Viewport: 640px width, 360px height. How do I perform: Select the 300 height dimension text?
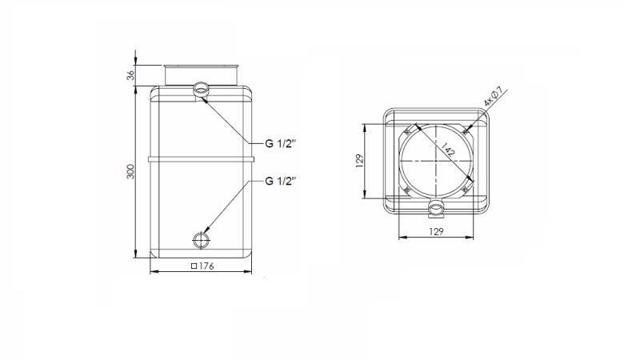(x=130, y=171)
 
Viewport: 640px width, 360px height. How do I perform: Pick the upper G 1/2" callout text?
(x=281, y=144)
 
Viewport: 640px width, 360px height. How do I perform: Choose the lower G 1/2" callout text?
(x=281, y=181)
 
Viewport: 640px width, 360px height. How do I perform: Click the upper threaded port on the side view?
(x=200, y=89)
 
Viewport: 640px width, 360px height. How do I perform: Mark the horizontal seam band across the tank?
(x=201, y=157)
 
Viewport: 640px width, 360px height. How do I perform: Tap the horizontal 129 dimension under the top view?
(x=437, y=231)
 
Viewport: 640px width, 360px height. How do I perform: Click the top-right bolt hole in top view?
(x=465, y=131)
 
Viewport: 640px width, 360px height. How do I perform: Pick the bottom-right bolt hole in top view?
(x=465, y=189)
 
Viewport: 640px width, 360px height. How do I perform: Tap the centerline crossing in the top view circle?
(x=436, y=160)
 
